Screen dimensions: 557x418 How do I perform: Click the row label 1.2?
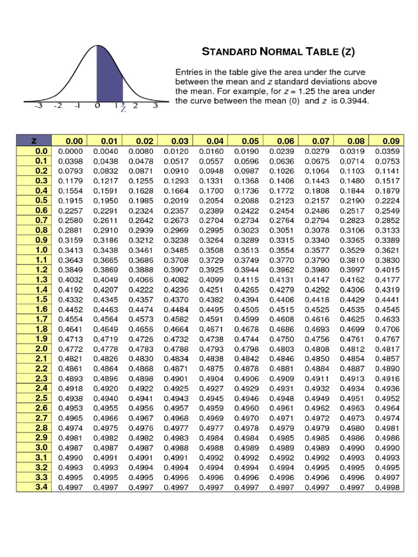point(41,270)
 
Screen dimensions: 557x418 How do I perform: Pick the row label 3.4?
point(41,487)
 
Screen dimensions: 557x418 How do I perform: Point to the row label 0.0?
point(41,151)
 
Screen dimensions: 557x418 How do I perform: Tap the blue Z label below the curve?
point(124,109)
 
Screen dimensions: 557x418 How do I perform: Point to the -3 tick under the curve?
point(38,106)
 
